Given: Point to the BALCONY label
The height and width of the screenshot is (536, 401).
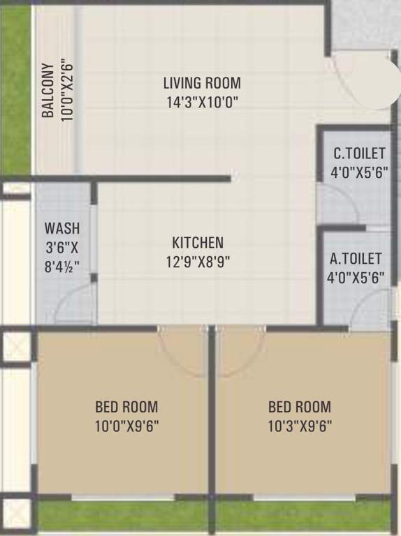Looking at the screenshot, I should tap(48, 91).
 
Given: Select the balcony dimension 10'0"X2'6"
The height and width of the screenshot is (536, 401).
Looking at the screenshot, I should tap(67, 91).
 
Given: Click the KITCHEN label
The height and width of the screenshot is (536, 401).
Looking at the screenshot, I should tap(198, 243).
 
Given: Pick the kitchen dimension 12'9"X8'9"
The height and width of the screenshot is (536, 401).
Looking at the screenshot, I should tap(198, 261).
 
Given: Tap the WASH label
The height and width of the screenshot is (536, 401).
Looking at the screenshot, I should tap(62, 228).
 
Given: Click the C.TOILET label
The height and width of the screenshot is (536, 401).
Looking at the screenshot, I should tap(359, 153).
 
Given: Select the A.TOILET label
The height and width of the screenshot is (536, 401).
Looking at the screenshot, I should tap(356, 259).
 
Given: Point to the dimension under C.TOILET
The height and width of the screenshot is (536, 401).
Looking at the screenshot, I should tap(359, 171).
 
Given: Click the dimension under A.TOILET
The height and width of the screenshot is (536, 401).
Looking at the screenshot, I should tap(356, 277).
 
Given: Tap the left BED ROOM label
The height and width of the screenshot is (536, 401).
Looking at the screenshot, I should tap(126, 407).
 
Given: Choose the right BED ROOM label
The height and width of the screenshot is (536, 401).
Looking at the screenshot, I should tap(300, 407).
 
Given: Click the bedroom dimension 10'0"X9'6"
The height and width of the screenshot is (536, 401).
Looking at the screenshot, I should tap(126, 425).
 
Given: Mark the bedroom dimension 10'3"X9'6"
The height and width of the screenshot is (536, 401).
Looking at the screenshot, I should tap(300, 425).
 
